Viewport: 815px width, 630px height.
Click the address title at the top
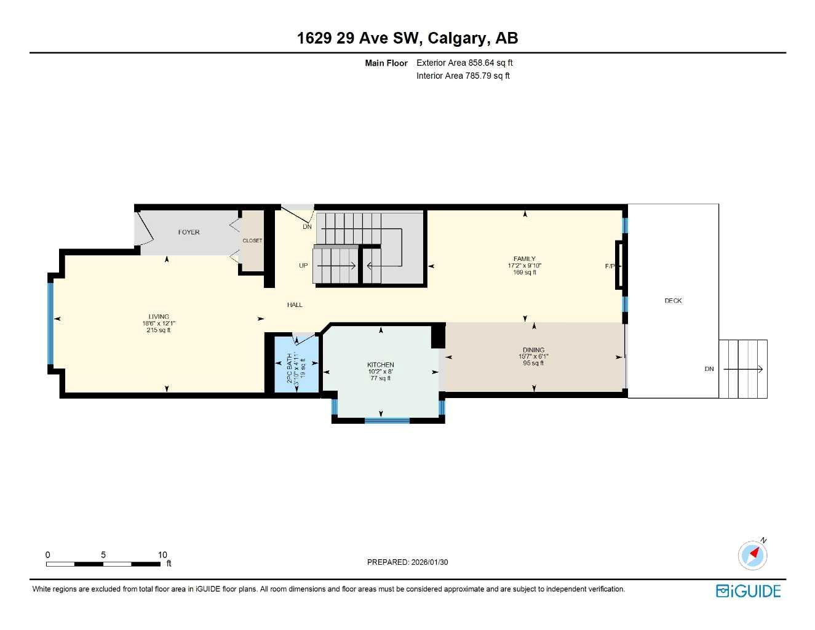point(407,38)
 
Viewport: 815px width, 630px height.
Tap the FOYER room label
point(189,232)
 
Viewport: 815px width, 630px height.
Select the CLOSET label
point(252,241)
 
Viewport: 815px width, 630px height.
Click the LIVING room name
point(159,317)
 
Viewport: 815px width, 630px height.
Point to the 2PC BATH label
point(290,368)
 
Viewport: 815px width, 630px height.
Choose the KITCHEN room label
point(381,365)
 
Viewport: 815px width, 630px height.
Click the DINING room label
point(533,349)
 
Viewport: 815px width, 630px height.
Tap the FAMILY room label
point(525,259)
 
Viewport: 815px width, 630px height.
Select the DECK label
point(673,301)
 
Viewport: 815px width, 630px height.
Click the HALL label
point(295,305)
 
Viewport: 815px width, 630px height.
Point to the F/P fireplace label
point(609,266)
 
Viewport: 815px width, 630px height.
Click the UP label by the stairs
point(303,266)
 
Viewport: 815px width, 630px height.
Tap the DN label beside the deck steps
point(709,369)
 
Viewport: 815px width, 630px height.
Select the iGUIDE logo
point(748,591)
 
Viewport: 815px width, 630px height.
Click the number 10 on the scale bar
point(162,555)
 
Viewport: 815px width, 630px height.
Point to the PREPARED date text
point(407,562)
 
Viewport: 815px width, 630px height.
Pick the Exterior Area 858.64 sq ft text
point(464,63)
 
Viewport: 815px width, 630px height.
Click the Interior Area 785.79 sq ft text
point(463,76)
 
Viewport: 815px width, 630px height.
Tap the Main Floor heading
point(386,63)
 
